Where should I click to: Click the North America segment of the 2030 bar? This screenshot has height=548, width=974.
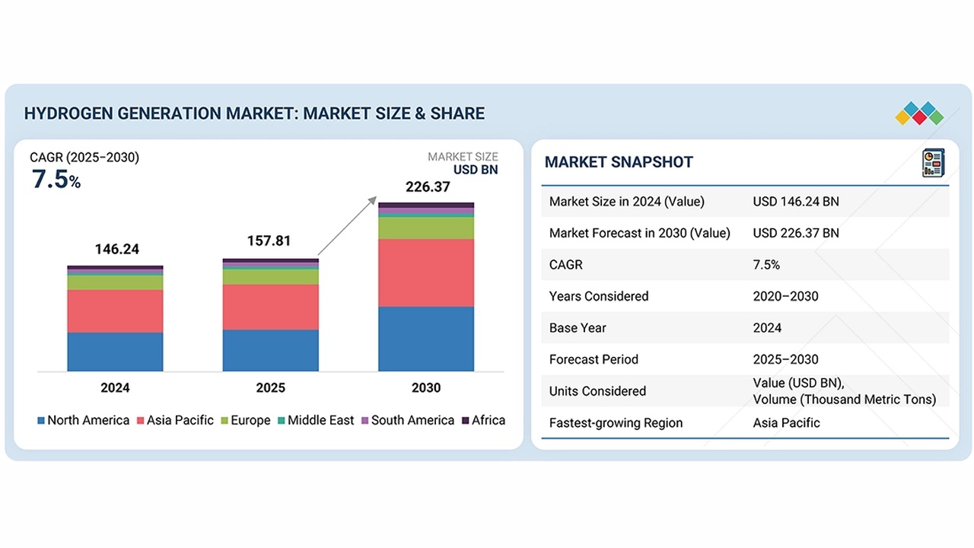(426, 339)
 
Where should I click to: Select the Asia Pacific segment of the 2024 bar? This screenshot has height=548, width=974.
(115, 311)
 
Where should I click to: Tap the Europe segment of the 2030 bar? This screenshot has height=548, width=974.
(426, 228)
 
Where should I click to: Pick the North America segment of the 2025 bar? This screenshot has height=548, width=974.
(270, 350)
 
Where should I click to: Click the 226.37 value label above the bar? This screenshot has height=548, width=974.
(428, 186)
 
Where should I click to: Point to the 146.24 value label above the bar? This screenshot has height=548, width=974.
(117, 250)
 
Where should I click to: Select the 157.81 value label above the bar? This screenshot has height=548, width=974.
(269, 241)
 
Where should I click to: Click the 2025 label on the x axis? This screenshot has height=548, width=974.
(270, 388)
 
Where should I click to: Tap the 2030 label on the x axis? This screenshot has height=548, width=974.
(426, 388)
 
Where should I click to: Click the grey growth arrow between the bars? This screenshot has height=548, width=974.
(347, 225)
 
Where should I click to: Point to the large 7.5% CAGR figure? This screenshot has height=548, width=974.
(56, 180)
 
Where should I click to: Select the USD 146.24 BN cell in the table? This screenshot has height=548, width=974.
(796, 202)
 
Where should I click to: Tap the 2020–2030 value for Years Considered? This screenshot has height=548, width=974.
(785, 296)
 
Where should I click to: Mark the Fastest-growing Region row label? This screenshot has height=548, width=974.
(616, 422)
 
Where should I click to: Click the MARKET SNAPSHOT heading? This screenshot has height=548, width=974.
(619, 162)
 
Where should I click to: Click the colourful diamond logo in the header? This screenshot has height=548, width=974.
(919, 113)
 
